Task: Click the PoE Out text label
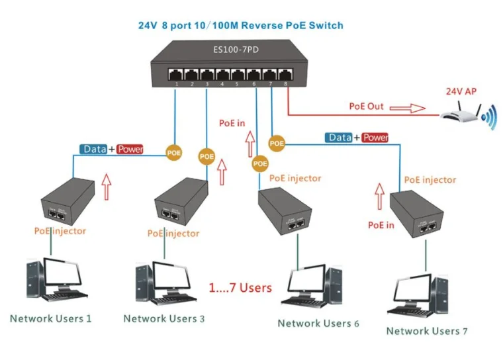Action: tap(366, 107)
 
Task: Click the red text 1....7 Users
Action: tap(240, 288)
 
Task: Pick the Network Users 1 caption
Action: tap(50, 318)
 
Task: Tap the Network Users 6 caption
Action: tap(318, 324)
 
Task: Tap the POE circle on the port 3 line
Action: tap(206, 156)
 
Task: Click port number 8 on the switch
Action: tap(287, 84)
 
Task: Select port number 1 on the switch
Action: tap(175, 84)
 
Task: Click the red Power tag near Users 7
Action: tap(375, 138)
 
